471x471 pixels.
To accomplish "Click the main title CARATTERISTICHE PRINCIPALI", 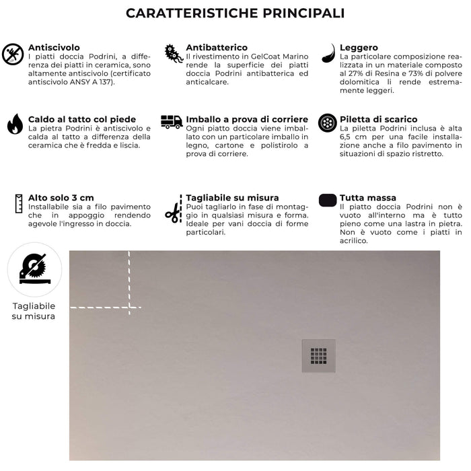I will pos(235,13).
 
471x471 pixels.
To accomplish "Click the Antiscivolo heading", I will pos(54,48).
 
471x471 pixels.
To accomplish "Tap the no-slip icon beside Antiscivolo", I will pos(13,55).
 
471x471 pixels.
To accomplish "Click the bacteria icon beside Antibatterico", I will pos(174,55).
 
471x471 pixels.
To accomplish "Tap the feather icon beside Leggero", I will pos(328,53).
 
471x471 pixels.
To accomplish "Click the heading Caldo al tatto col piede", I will pos(82,119).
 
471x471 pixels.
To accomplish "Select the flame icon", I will pos(15,124).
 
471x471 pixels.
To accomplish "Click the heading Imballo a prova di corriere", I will pos(247,119).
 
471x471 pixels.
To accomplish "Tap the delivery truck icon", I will pos(172,122).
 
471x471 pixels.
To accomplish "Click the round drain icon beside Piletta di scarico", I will pos(328,123).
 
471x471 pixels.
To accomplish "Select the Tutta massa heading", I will pos(368,198).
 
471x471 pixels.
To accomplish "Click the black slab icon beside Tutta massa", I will pos(327,200).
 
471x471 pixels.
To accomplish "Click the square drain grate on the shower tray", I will pos(318,355).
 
